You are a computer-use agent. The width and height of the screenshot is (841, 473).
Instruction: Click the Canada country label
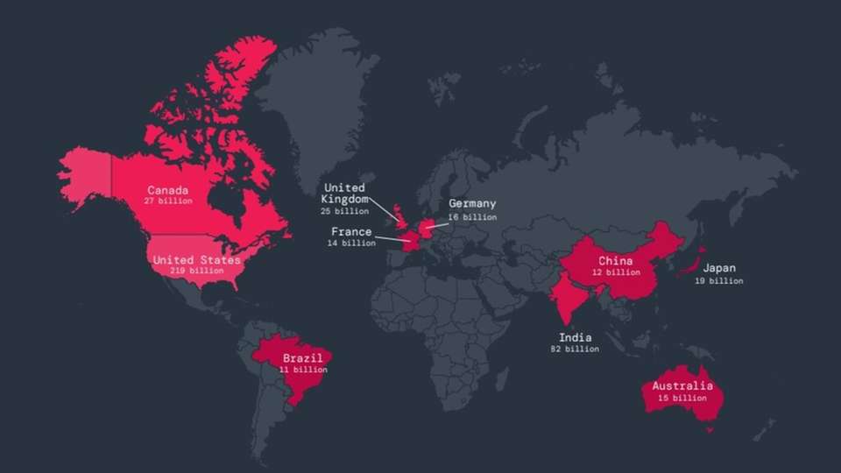(x=167, y=190)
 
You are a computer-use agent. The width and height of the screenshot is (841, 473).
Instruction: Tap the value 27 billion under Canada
(x=167, y=201)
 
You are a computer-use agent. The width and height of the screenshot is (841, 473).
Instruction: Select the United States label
(x=196, y=260)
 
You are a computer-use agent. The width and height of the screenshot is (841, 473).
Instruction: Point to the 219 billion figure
(x=196, y=271)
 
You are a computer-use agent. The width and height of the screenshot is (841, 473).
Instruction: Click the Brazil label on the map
(x=302, y=358)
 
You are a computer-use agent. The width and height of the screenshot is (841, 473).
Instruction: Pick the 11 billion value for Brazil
(x=303, y=370)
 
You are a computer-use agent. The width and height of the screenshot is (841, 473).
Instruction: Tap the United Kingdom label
(x=344, y=194)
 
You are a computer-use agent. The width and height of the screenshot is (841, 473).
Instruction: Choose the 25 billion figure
(x=344, y=211)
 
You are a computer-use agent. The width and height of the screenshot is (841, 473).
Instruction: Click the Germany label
(x=472, y=204)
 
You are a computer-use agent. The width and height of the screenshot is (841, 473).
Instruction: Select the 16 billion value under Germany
(x=472, y=216)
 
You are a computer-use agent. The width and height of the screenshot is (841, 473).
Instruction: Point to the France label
(x=351, y=232)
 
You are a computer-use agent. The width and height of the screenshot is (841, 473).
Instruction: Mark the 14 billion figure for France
(x=351, y=244)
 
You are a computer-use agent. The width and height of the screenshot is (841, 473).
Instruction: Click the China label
(x=616, y=261)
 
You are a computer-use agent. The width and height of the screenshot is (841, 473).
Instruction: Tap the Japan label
(x=718, y=269)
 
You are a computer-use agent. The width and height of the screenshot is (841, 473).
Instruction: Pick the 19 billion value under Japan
(x=718, y=281)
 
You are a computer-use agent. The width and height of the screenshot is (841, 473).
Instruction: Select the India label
(x=576, y=337)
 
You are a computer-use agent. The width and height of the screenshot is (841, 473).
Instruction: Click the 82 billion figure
(x=576, y=349)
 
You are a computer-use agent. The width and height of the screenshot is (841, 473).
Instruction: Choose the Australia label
(x=683, y=386)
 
